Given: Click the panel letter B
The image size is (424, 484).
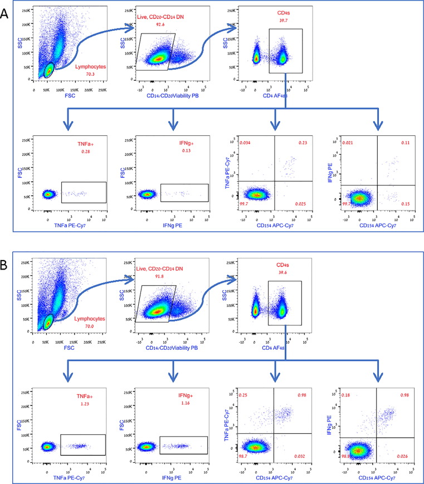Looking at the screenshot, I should pyautogui.click(x=6, y=263).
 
